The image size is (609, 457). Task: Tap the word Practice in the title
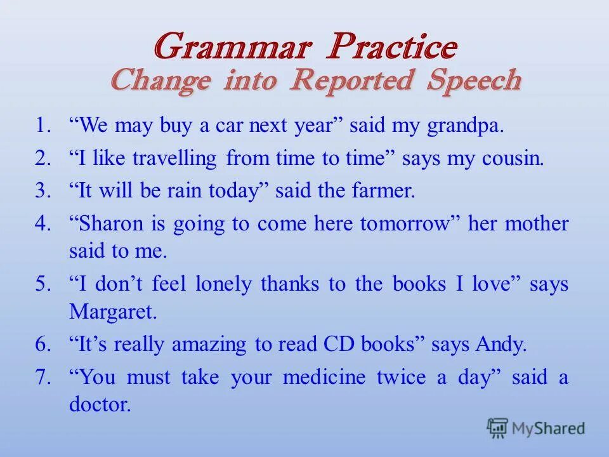[392, 46]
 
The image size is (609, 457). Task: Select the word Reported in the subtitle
[351, 81]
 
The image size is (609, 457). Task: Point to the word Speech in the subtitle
[474, 81]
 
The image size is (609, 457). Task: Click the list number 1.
[43, 125]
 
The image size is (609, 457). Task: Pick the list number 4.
[43, 223]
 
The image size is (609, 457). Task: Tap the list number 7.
[43, 376]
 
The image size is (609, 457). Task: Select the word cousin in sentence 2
[513, 158]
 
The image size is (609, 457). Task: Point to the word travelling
[174, 159]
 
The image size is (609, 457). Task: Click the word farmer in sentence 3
[383, 190]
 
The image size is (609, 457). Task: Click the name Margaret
[113, 312]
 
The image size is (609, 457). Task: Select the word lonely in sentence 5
[224, 284]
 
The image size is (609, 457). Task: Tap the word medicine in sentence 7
[324, 376]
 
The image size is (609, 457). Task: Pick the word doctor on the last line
[100, 404]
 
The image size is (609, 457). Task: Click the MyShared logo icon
[497, 428]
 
